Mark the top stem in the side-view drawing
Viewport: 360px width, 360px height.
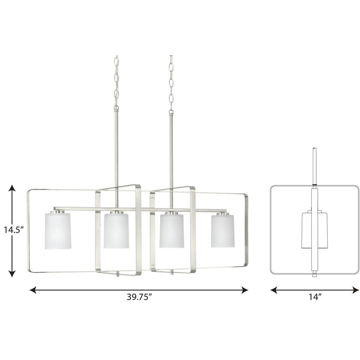pos(315,165)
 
